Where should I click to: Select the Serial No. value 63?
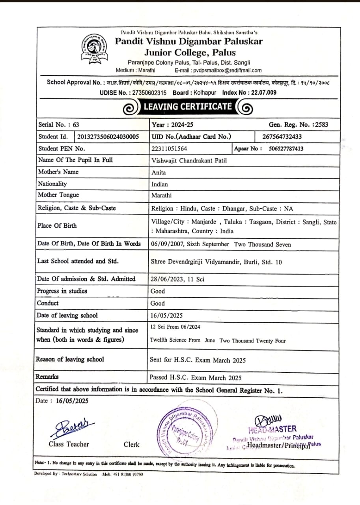coord(76,125)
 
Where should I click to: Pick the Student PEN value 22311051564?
coord(169,149)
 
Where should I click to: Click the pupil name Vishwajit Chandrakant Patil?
coord(189,161)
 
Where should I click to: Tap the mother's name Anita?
coord(159,172)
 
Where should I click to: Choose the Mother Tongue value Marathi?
coord(162,195)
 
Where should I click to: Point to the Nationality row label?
coord(52,184)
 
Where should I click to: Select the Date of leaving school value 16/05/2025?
coord(167,316)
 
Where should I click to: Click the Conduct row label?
coord(48,303)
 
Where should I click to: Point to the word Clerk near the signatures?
coord(131,445)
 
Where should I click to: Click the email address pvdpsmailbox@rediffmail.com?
coord(227,71)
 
